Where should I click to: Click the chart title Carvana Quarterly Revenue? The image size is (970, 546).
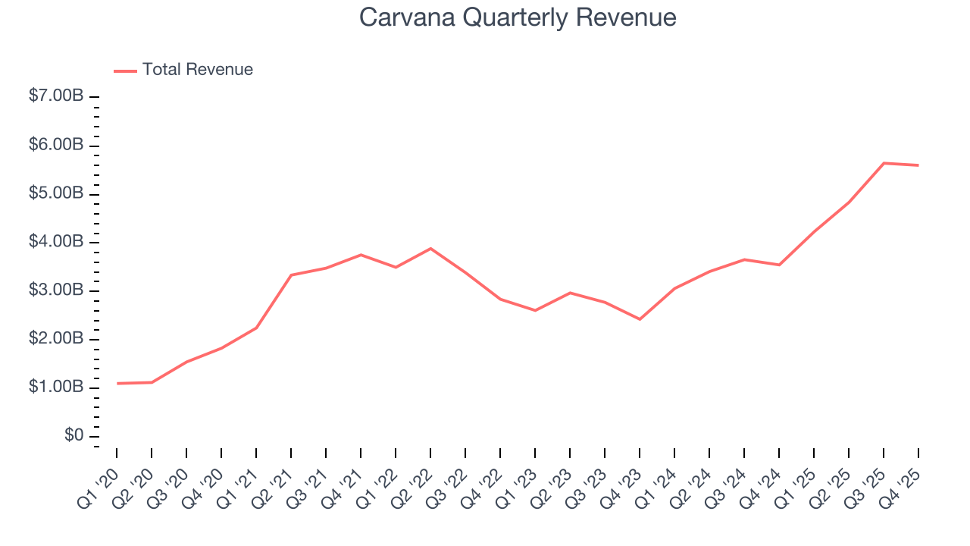click(518, 17)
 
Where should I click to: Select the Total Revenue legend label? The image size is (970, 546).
click(197, 70)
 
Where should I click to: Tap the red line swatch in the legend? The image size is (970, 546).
click(125, 71)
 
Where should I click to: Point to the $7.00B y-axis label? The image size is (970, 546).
click(56, 96)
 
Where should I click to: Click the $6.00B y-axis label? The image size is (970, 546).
click(56, 145)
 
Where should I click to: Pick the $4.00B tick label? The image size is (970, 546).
click(56, 242)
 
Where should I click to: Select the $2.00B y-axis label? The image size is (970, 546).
click(56, 339)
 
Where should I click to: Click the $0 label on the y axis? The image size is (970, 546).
click(74, 436)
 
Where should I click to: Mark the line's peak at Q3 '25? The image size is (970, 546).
click(884, 163)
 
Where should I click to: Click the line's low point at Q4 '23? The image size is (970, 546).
click(640, 319)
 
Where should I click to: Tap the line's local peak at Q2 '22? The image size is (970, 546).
click(430, 249)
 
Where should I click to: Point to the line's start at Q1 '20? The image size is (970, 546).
click(117, 384)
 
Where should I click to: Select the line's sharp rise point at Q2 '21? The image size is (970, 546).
click(291, 275)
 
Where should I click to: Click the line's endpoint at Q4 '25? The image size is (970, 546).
click(918, 165)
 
